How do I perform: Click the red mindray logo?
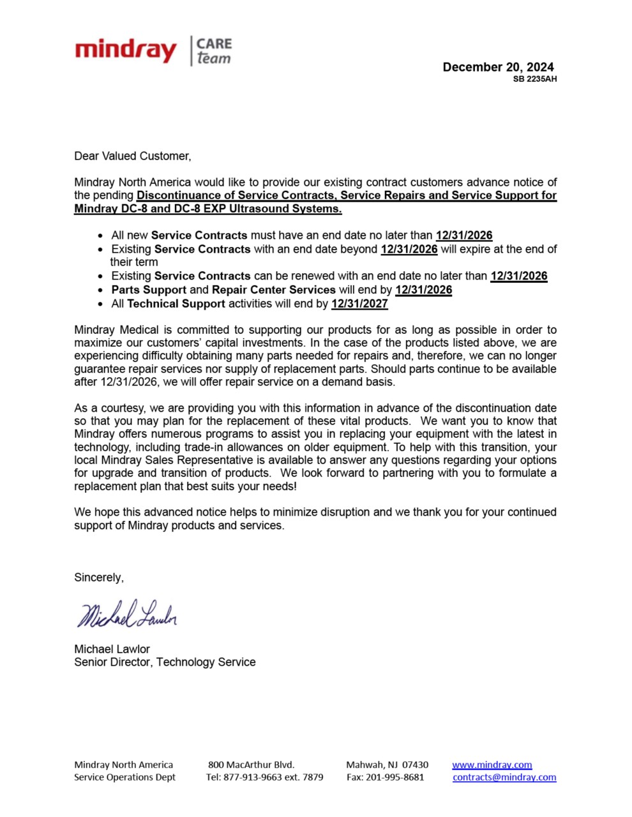click(x=125, y=50)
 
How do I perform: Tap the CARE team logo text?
click(x=214, y=51)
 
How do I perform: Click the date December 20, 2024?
click(x=498, y=67)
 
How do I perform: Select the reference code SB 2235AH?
click(x=534, y=79)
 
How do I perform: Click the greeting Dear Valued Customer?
click(x=132, y=156)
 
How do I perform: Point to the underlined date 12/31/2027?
click(x=359, y=304)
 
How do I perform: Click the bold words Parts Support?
click(x=149, y=290)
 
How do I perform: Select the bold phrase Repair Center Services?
click(x=274, y=290)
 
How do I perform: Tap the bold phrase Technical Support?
click(x=176, y=304)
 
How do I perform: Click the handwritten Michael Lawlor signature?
click(x=126, y=614)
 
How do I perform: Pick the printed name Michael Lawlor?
click(x=112, y=648)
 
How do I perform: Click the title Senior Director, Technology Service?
click(x=165, y=662)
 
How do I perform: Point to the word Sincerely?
click(x=99, y=577)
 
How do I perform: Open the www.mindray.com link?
click(x=492, y=765)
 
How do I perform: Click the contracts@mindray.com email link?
click(x=504, y=777)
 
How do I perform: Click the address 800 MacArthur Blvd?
click(x=251, y=765)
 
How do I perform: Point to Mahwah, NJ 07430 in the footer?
click(x=387, y=765)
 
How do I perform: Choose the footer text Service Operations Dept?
click(x=124, y=777)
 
